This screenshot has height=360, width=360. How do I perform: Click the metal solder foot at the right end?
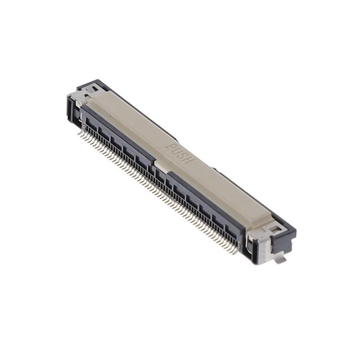click(281, 257)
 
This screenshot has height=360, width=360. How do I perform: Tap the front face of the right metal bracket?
click(260, 247)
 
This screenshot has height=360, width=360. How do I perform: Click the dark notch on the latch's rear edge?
click(214, 167)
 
